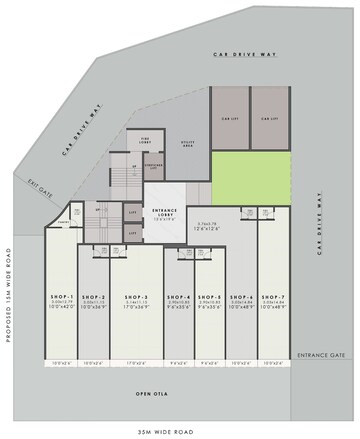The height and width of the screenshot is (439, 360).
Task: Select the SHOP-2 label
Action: point(94,297)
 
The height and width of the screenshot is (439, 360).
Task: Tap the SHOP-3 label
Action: point(137,297)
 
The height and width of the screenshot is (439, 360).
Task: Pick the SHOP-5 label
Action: point(209,297)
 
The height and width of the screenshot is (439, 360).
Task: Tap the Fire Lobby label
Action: point(144,139)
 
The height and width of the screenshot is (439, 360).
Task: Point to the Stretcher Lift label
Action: point(153,169)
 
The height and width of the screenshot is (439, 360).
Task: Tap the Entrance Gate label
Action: point(321,354)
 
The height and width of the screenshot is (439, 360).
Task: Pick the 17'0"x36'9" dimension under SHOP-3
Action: point(137,309)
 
